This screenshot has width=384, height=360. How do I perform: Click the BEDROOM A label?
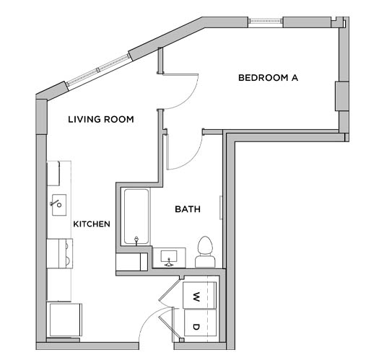pyautogui.click(x=268, y=77)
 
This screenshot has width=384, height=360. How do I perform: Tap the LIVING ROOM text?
pyautogui.click(x=100, y=119)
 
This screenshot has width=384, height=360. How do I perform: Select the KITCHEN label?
pyautogui.click(x=92, y=224)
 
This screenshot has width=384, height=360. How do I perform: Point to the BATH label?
pyautogui.click(x=188, y=210)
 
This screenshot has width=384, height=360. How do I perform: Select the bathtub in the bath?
pyautogui.click(x=136, y=216)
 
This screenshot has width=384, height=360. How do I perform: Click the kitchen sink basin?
pyautogui.click(x=58, y=204)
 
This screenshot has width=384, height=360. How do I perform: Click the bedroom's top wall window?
pyautogui.click(x=266, y=21)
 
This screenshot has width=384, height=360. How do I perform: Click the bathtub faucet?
pyautogui.click(x=136, y=239)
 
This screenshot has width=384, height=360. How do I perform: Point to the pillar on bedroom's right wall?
pyautogui.click(x=341, y=96)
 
